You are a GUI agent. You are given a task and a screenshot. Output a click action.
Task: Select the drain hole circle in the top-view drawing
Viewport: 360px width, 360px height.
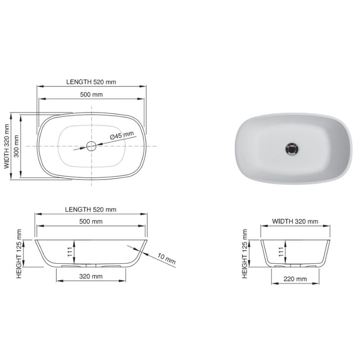[91, 145]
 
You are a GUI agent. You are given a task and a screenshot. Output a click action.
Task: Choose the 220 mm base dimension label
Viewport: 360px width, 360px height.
[296, 279]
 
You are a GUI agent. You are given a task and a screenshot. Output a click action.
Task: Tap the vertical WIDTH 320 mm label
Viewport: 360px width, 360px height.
[7, 146]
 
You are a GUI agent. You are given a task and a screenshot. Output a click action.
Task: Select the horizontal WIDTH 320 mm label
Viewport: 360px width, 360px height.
[296, 221]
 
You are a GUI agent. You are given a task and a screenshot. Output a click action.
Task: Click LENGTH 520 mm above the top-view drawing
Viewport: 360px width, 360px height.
[91, 82]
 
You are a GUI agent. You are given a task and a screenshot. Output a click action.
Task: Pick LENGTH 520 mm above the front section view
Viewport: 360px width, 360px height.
[91, 209]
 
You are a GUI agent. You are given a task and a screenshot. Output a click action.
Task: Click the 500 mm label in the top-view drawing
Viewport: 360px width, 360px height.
[91, 94]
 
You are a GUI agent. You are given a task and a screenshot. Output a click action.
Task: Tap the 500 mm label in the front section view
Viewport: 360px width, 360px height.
[91, 221]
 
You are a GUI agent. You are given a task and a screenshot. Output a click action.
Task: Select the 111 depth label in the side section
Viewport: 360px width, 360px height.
[281, 252]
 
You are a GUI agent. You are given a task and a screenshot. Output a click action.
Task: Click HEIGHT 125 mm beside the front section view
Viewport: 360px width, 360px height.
[19, 253]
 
